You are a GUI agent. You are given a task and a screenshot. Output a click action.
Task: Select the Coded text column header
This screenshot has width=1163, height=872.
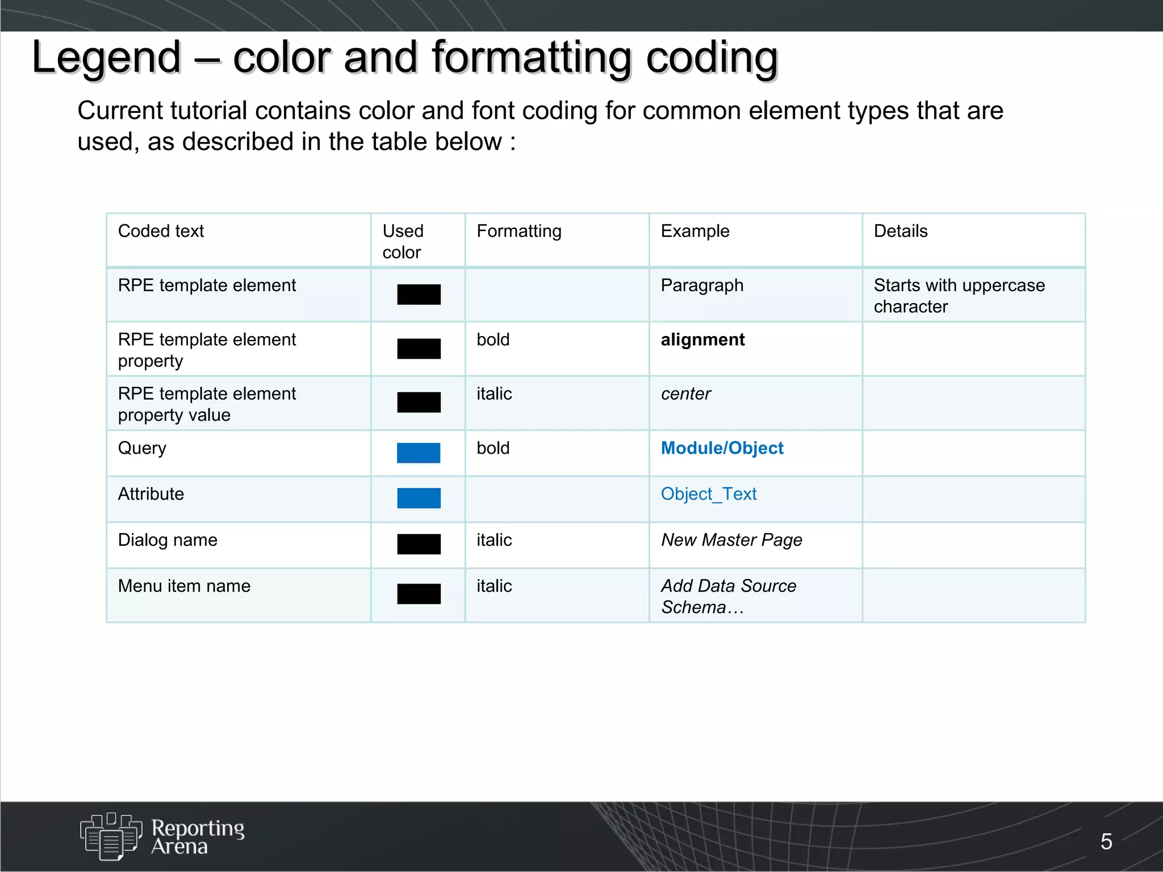point(161,231)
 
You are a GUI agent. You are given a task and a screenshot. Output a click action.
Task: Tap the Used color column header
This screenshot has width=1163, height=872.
point(403,241)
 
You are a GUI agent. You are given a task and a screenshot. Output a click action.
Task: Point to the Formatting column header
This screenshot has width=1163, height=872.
point(518,231)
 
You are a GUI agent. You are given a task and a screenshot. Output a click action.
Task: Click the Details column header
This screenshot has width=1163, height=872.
point(900,231)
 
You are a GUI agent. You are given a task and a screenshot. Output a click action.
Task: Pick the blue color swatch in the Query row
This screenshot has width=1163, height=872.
point(419,453)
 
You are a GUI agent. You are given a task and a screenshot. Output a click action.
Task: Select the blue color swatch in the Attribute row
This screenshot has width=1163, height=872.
point(419,498)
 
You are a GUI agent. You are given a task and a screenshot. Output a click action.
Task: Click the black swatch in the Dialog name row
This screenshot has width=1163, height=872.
point(419,544)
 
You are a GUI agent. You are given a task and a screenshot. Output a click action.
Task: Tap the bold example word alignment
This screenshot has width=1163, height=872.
point(702,339)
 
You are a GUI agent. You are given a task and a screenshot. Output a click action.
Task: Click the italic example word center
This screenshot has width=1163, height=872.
point(685,393)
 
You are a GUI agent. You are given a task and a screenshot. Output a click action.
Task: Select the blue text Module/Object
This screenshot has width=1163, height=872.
point(722,448)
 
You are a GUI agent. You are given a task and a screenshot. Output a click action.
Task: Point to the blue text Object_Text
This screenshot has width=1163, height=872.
point(708,494)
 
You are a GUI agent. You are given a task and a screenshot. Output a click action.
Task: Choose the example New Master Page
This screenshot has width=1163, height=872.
point(731,540)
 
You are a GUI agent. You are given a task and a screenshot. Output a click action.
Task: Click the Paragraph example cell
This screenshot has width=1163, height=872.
point(702,285)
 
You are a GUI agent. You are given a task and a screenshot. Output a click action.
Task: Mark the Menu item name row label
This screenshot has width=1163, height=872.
point(184,586)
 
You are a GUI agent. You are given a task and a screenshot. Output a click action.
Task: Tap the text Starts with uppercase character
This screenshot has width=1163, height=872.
point(959,295)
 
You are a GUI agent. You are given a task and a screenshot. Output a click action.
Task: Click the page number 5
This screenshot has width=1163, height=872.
point(1106,841)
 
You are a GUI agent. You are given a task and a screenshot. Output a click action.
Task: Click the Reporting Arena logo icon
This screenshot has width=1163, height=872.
point(111,836)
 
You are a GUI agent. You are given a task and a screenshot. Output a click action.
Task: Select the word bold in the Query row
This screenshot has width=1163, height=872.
point(493,448)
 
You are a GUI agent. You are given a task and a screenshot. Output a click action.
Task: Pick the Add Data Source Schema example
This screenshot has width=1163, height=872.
point(728,596)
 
